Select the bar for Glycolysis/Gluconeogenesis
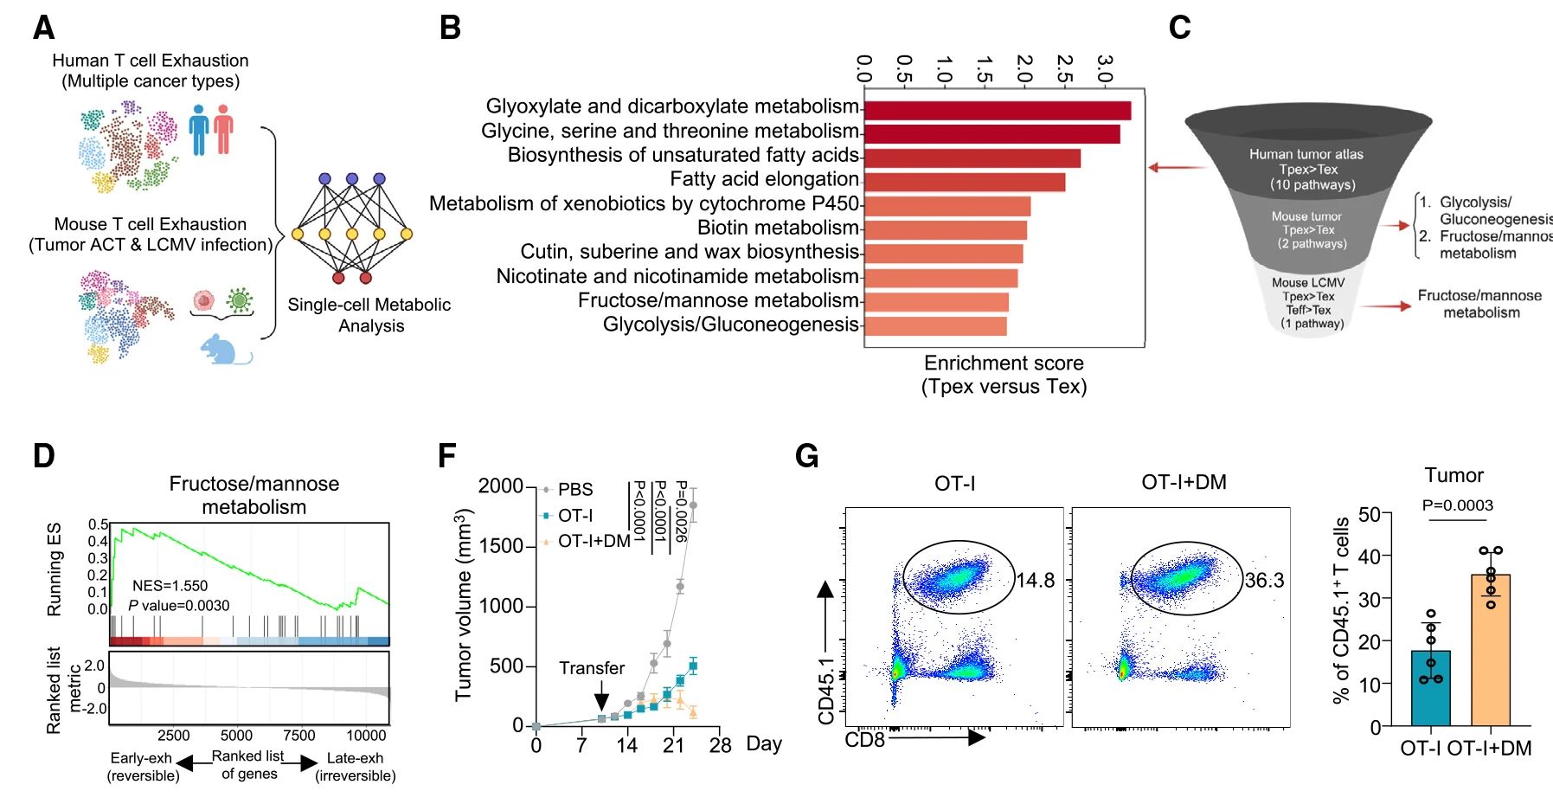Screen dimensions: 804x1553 935,326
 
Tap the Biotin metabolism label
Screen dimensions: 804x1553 778,228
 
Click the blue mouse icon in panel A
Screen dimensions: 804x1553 223,350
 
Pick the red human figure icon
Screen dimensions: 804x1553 224,130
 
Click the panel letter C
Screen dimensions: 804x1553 1179,28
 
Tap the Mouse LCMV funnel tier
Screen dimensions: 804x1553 1308,303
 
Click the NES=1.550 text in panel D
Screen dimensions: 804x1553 170,586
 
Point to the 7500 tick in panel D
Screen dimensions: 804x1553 299,736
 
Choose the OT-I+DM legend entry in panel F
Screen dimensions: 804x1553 594,542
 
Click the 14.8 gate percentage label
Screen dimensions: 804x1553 1035,581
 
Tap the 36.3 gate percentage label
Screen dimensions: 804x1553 1264,581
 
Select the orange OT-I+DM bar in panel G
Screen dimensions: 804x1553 1490,649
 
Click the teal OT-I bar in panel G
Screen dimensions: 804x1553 1430,688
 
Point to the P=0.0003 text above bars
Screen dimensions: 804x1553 1457,505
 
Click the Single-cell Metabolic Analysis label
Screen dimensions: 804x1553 369,315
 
